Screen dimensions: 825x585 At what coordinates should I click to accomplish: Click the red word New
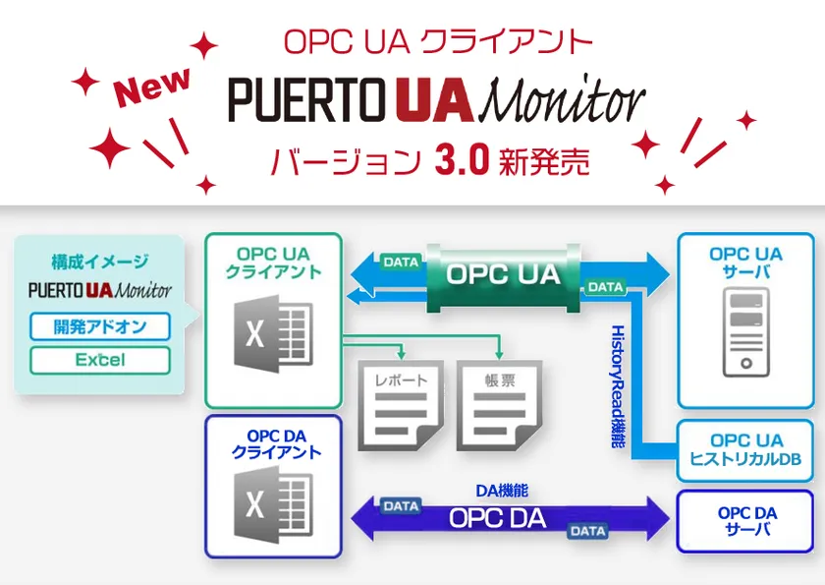tap(151, 87)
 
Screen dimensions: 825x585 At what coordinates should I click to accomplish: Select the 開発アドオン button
tap(100, 326)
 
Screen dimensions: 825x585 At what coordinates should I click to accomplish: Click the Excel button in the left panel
tap(100, 360)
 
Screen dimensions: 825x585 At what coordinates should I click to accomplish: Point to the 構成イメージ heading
tap(100, 262)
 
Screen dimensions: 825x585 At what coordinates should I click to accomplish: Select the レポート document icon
tap(401, 405)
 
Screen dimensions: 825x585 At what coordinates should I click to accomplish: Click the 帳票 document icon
tap(499, 405)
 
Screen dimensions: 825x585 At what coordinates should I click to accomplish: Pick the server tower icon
tap(746, 332)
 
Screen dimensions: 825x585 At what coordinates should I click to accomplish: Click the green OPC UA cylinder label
tap(503, 274)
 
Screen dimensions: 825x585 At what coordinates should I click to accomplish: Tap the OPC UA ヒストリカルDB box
tap(745, 450)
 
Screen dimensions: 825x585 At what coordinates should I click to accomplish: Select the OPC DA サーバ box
tap(745, 521)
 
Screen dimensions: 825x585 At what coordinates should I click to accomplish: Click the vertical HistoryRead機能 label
tap(618, 386)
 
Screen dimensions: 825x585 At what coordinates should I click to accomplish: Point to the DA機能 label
tap(502, 491)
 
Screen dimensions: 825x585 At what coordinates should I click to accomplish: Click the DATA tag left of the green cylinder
tap(401, 262)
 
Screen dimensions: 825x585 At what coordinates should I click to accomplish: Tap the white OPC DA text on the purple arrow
tap(498, 518)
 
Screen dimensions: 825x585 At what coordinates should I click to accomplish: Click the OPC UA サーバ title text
tap(745, 263)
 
